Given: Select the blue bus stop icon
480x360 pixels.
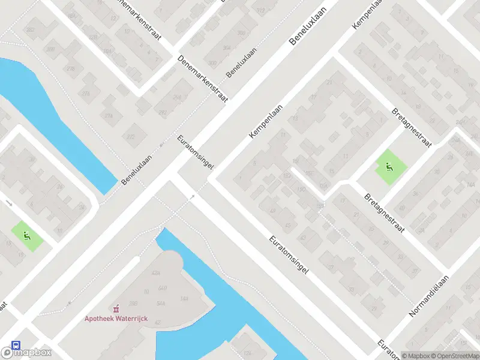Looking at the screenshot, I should [x=14, y=346].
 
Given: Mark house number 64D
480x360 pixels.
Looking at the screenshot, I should [x=161, y=288].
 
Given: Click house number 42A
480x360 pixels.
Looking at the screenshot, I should [x=156, y=272].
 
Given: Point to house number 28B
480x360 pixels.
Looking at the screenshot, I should [x=134, y=303].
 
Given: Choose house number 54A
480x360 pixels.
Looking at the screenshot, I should [x=160, y=303].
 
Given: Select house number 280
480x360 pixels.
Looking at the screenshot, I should [x=51, y=49].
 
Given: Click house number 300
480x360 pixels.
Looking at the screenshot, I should [x=212, y=62].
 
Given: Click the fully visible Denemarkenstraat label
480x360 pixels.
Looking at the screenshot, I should [x=203, y=78].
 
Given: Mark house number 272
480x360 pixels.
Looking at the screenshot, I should [x=131, y=136].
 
